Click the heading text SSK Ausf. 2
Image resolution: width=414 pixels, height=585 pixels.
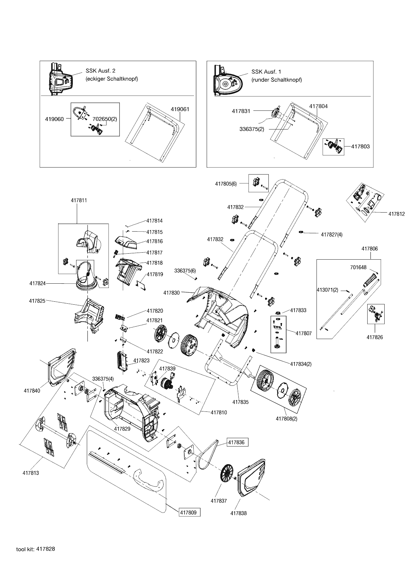[100, 71]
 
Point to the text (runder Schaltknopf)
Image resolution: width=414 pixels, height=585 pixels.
[277, 80]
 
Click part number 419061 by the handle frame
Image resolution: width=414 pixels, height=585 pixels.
[180, 109]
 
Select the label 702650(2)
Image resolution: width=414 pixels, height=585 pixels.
[105, 119]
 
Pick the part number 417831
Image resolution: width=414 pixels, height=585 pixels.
[241, 111]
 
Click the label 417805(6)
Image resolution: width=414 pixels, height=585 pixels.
[226, 184]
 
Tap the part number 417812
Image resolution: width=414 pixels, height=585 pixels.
[396, 214]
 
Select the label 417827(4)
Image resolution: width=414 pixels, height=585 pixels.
[332, 235]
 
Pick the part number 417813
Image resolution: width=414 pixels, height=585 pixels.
[31, 473]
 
